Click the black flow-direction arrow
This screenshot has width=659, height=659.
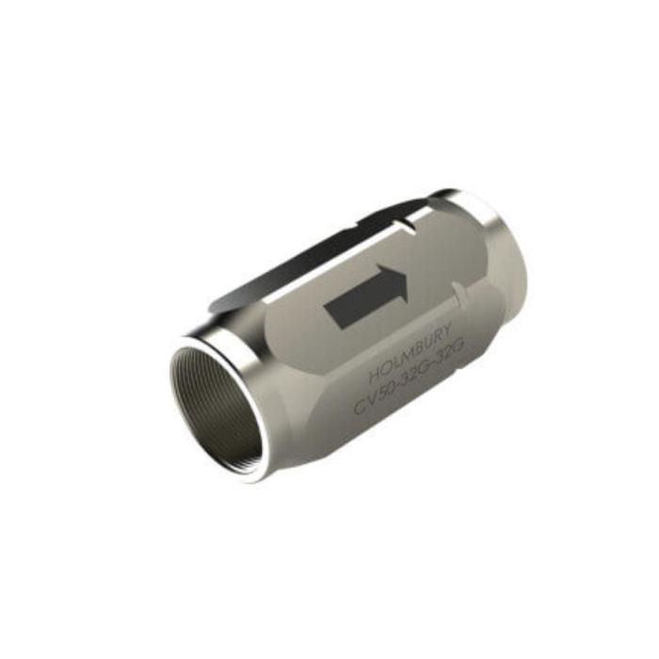tap(368, 296)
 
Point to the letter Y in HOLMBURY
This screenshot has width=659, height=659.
tap(448, 328)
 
